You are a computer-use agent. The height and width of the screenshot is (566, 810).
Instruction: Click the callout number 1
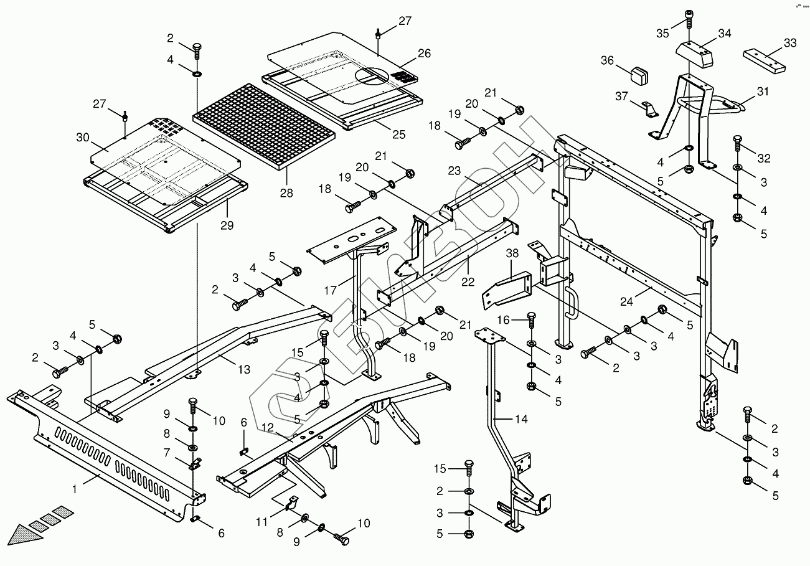pos(75,489)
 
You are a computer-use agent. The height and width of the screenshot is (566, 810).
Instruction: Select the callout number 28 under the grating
pos(286,193)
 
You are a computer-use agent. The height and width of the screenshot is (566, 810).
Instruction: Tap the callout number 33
pos(789,43)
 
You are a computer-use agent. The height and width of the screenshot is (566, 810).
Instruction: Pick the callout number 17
pos(329,290)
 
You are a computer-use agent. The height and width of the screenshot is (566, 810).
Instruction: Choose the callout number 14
pos(521,420)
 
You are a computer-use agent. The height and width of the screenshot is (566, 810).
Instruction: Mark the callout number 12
pos(268,428)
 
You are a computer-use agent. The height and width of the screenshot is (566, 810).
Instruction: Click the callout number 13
pos(243,370)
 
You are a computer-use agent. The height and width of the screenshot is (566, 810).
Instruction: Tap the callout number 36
pos(607,60)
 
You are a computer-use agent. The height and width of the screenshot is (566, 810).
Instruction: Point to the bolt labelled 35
pos(689,20)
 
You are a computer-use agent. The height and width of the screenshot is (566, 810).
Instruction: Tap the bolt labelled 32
pos(738,144)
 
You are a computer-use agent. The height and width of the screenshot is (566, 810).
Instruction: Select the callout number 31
pos(763,92)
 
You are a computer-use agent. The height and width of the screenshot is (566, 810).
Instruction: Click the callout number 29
pos(227,225)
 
